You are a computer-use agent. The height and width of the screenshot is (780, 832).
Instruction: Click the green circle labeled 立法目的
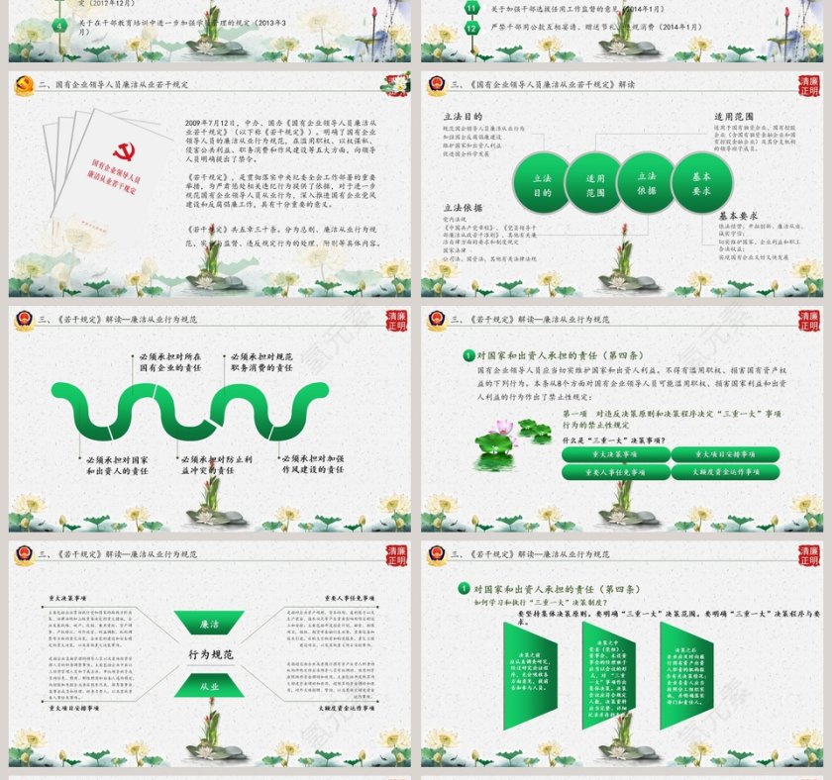click(542, 185)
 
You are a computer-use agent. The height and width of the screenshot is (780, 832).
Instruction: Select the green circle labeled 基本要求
click(702, 183)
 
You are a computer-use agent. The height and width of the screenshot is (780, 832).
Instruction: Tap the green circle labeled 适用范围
click(595, 185)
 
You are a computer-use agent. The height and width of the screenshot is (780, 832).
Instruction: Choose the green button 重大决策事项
click(615, 454)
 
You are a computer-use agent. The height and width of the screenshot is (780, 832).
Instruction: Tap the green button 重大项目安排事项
click(724, 454)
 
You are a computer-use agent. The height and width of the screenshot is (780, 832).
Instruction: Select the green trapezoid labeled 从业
click(209, 685)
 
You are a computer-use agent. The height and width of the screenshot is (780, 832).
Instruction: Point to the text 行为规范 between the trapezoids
click(210, 655)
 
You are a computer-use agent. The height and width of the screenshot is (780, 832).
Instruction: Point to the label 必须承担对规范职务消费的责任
click(261, 361)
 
